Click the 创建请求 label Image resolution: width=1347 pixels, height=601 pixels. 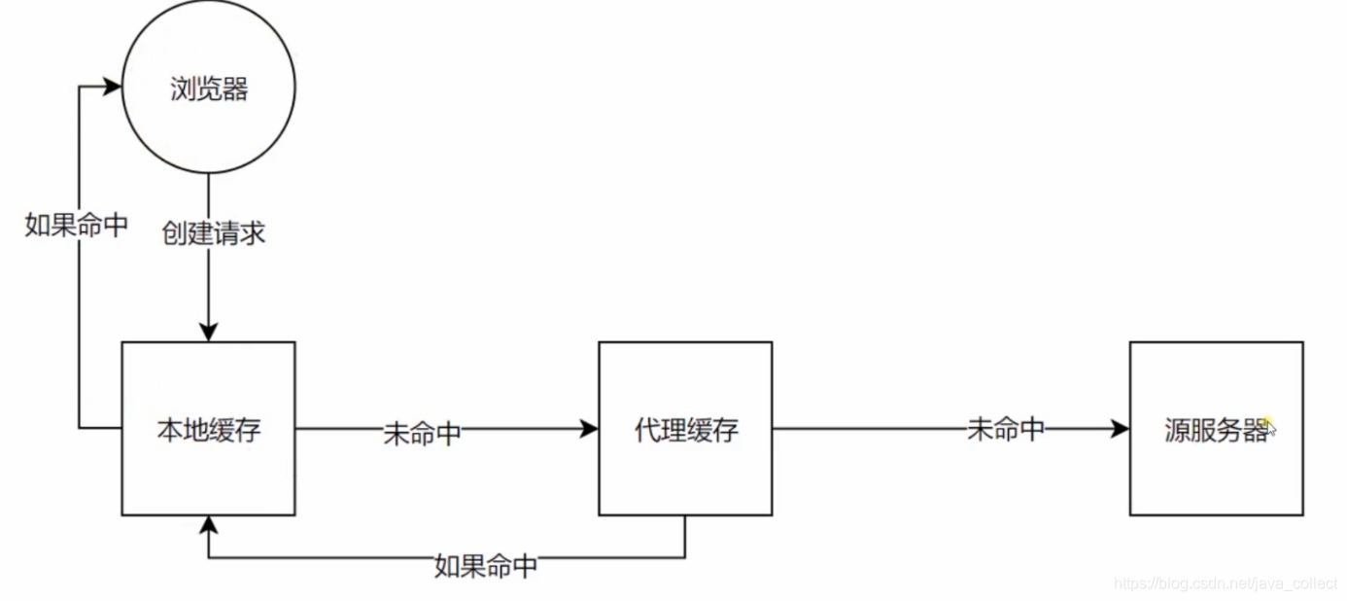[x=214, y=234]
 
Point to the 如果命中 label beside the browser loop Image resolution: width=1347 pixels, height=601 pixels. [x=77, y=226]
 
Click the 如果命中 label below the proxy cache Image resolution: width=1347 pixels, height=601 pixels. [x=486, y=565]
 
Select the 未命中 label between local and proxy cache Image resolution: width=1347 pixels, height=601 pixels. [x=423, y=434]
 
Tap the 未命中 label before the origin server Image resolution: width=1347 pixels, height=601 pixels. [x=1006, y=429]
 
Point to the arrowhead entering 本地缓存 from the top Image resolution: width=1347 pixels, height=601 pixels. [x=208, y=333]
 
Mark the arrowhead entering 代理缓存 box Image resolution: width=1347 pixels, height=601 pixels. [x=589, y=429]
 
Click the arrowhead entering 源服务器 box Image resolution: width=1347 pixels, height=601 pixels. [x=1121, y=429]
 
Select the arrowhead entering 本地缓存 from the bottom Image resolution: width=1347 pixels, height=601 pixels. [x=208, y=525]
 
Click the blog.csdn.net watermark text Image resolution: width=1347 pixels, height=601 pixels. [x=1226, y=583]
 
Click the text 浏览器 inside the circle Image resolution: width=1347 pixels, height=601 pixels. [x=209, y=89]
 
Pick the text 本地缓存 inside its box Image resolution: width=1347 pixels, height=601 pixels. [x=209, y=430]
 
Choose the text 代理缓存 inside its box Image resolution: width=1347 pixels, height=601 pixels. [x=686, y=430]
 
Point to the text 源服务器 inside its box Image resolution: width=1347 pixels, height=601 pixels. [x=1216, y=430]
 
